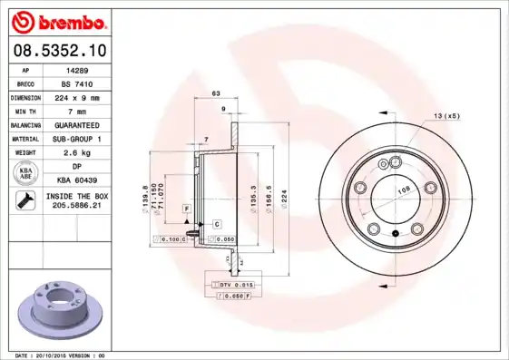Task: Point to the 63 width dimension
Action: point(216,93)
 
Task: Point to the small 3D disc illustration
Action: point(55,310)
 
